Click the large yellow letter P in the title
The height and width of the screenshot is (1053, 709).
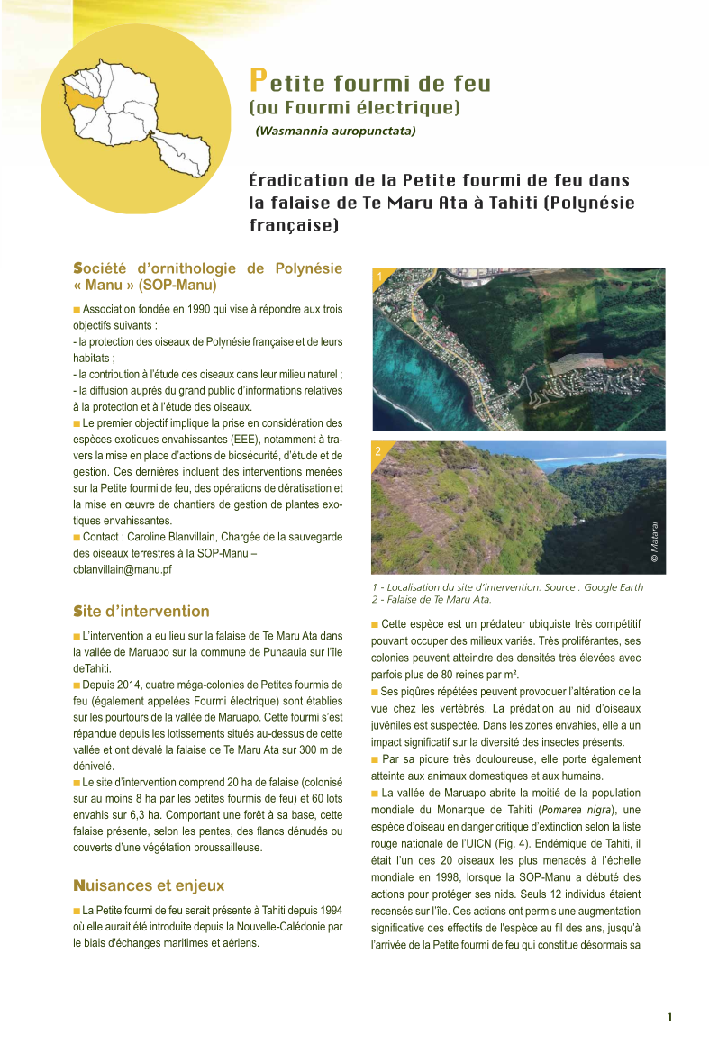pos(258,82)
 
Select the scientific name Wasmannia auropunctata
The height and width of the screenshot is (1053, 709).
pos(335,131)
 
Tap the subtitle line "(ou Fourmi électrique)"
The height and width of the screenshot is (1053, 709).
pos(354,108)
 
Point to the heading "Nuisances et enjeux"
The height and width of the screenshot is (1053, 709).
pos(149,885)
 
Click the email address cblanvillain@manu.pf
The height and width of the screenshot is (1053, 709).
pos(123,569)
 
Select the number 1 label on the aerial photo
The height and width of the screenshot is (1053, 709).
pos(380,277)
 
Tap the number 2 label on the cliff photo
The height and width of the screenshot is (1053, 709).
pos(378,450)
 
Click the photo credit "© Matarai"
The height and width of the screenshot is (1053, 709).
pos(655,543)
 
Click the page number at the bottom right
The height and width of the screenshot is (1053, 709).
pos(669,1017)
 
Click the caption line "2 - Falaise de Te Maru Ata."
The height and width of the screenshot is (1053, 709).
pos(431,599)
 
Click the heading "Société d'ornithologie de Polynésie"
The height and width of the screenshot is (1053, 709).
pos(207,268)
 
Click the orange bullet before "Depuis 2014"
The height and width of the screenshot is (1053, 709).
pos(77,685)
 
